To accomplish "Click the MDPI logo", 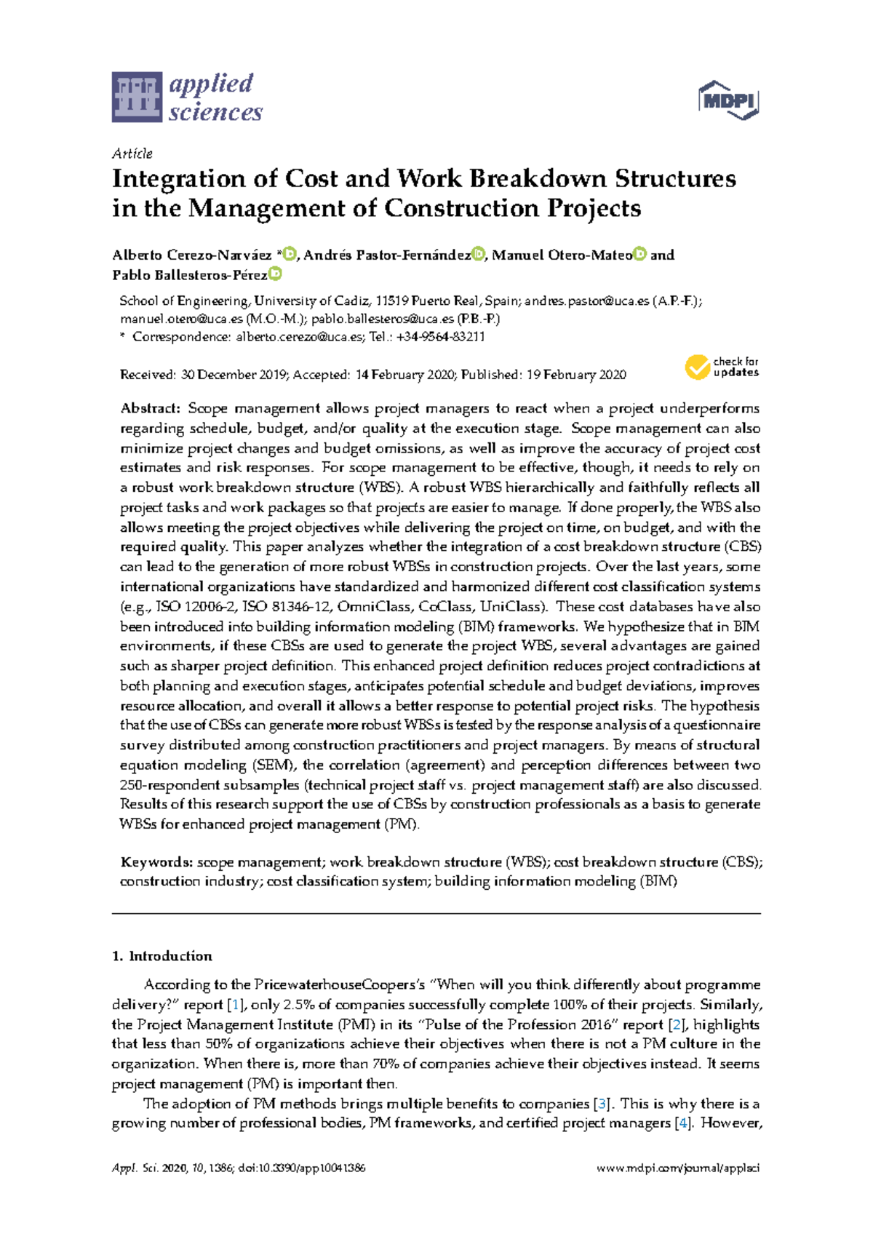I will pos(728,100).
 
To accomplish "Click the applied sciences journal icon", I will pos(136,97).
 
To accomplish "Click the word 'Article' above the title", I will pos(132,154).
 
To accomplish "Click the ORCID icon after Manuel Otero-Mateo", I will pos(639,255).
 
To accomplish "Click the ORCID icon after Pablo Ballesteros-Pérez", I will pos(275,274).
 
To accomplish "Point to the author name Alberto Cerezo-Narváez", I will pos(191,255).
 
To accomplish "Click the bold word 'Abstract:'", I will pos(150,408).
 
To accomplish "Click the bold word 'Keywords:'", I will pos(156,862).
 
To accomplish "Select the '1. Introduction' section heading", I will pos(162,956).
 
